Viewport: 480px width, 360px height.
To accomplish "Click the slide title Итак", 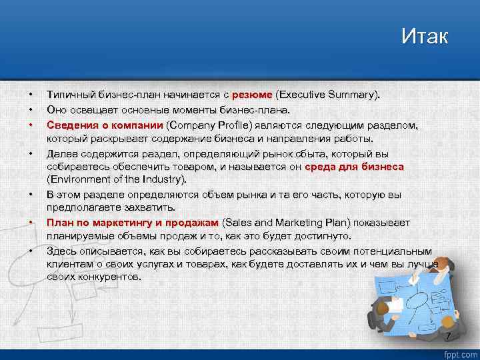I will [x=425, y=36].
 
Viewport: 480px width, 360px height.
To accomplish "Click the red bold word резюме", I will [x=252, y=95].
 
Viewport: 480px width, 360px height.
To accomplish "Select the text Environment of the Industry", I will [x=117, y=179].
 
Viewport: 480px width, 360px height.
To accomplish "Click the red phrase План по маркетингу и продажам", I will [x=132, y=223].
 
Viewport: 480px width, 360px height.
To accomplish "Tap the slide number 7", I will [x=448, y=335].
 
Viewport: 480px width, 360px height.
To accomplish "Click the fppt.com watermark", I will [x=459, y=353].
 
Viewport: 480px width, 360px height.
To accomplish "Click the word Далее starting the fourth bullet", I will [x=61, y=153].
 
